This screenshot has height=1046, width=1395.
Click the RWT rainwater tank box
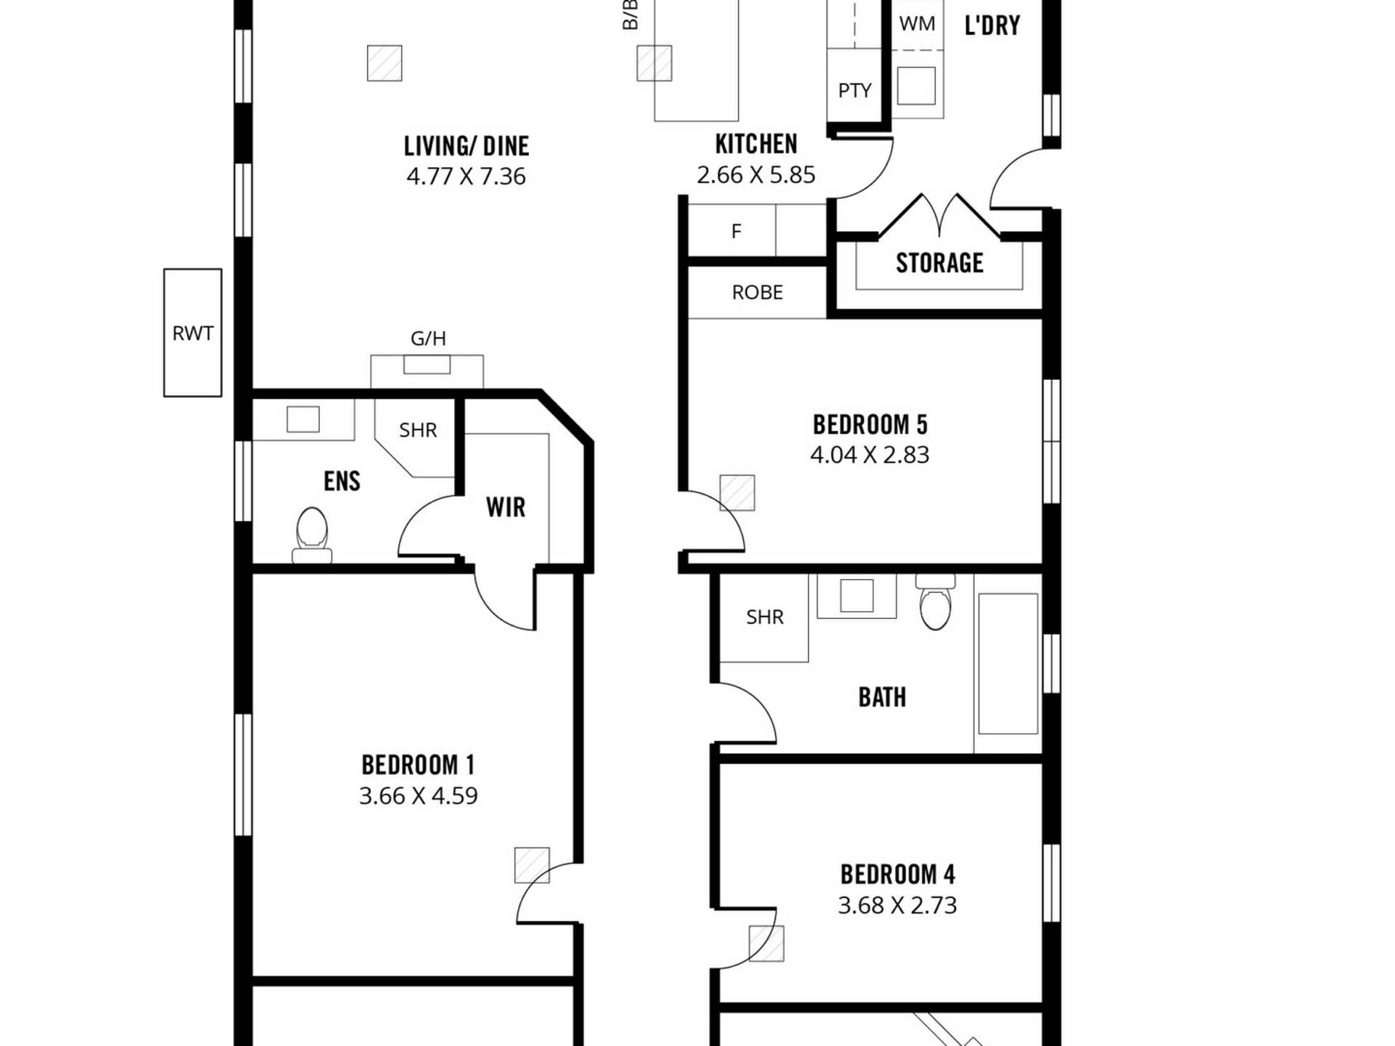pyautogui.click(x=193, y=333)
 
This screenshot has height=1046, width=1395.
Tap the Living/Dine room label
pyautogui.click(x=466, y=146)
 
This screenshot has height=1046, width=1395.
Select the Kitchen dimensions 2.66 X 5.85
pyautogui.click(x=756, y=175)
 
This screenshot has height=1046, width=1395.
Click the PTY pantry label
pyautogui.click(x=854, y=91)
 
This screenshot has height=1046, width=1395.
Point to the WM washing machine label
pyautogui.click(x=917, y=24)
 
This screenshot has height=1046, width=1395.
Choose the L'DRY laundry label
pyautogui.click(x=992, y=25)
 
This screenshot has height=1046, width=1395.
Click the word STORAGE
pyautogui.click(x=939, y=263)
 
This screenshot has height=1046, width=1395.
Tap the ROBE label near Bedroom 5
pyautogui.click(x=757, y=293)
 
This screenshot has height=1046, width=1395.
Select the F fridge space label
pyautogui.click(x=736, y=232)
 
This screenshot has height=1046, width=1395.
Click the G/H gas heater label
pyautogui.click(x=428, y=338)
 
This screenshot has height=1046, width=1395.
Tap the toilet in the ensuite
pyautogui.click(x=312, y=535)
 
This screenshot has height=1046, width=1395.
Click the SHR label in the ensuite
pyautogui.click(x=418, y=431)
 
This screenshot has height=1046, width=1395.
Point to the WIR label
pyautogui.click(x=506, y=507)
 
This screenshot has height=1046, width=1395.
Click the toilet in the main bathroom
pyautogui.click(x=935, y=601)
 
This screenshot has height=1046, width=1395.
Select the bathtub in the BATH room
pyautogui.click(x=1008, y=663)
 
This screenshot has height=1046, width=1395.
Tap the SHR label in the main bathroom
pyautogui.click(x=765, y=617)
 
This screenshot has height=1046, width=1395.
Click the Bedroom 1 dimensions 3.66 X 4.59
pyautogui.click(x=418, y=796)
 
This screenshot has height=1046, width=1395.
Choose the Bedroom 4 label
pyautogui.click(x=897, y=875)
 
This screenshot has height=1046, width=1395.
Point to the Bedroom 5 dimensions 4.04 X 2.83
pyautogui.click(x=870, y=455)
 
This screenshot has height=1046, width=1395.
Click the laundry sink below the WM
pyautogui.click(x=916, y=86)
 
